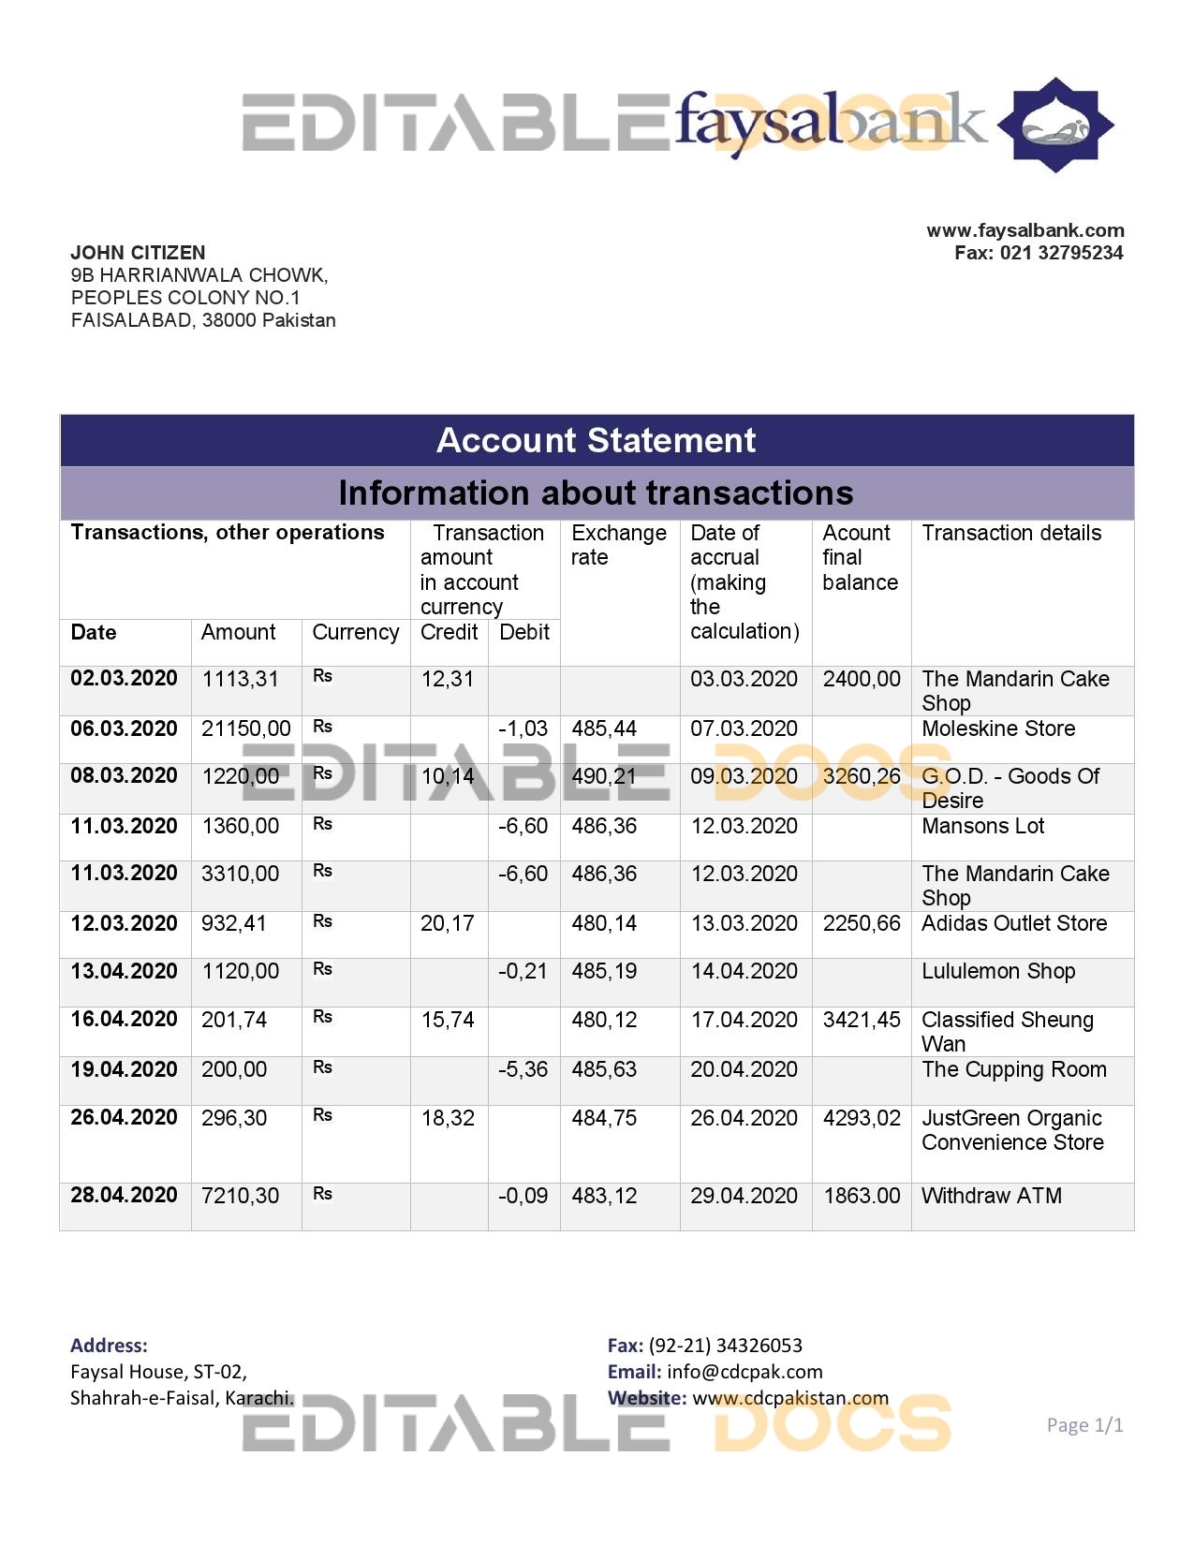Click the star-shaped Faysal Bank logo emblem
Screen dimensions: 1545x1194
coord(1055,125)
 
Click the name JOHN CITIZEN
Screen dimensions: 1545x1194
coord(138,253)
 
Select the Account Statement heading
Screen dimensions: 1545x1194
coord(596,440)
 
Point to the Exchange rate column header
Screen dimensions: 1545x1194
coord(618,545)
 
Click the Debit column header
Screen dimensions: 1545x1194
coord(523,632)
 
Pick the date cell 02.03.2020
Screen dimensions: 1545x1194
coord(124,679)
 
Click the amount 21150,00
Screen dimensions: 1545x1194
coord(245,728)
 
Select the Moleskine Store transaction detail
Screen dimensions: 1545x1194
coord(998,728)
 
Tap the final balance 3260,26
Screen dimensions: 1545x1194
coord(861,776)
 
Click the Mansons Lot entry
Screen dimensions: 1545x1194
coord(982,826)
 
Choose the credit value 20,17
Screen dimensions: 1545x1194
coord(447,923)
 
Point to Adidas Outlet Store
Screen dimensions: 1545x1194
coord(1014,923)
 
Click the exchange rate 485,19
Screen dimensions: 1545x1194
coord(604,971)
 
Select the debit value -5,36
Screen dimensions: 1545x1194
coord(523,1069)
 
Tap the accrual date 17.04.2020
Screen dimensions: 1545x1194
coord(744,1020)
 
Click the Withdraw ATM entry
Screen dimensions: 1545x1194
coord(991,1196)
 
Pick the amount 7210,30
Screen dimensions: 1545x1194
coord(240,1196)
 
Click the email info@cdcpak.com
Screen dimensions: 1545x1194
coord(744,1372)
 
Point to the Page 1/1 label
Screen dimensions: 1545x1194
coord(1084,1425)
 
